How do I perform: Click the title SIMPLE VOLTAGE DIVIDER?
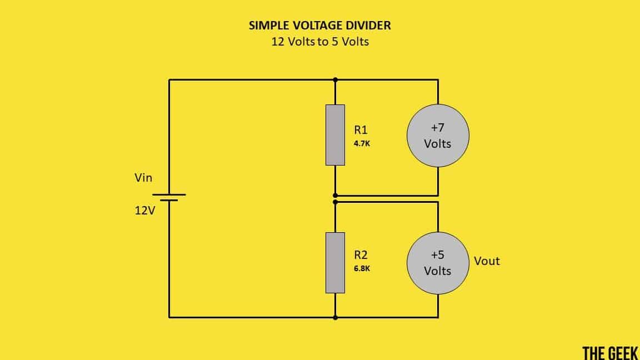pyautogui.click(x=319, y=26)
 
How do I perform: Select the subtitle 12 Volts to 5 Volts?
pyautogui.click(x=319, y=42)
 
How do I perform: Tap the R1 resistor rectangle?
pyautogui.click(x=335, y=135)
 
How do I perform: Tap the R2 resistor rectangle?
pyautogui.click(x=335, y=263)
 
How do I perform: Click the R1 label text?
pyautogui.click(x=361, y=130)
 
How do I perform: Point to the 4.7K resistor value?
pyautogui.click(x=361, y=143)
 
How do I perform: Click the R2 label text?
pyautogui.click(x=361, y=255)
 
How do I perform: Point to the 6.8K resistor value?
pyautogui.click(x=362, y=268)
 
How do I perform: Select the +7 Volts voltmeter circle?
pyautogui.click(x=438, y=136)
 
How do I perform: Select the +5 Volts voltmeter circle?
pyautogui.click(x=438, y=263)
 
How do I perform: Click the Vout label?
pyautogui.click(x=487, y=261)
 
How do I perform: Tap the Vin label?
pyautogui.click(x=143, y=178)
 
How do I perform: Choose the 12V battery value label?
pyautogui.click(x=144, y=212)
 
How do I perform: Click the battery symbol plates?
pyautogui.click(x=169, y=197)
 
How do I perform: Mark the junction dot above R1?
pyautogui.click(x=335, y=79)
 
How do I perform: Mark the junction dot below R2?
pyautogui.click(x=335, y=318)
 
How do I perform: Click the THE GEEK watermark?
pyautogui.click(x=610, y=352)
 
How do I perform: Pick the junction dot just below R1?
pyautogui.click(x=335, y=196)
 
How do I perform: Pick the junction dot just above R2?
pyautogui.click(x=335, y=202)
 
